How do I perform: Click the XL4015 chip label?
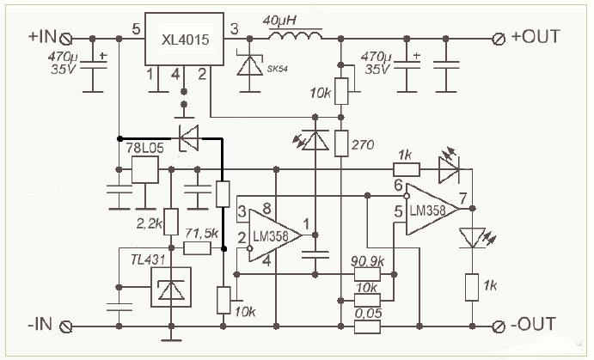click(185, 40)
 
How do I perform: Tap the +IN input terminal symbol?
click(66, 39)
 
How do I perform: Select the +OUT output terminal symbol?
click(499, 39)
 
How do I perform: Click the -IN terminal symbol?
click(66, 326)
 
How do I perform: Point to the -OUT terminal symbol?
click(499, 326)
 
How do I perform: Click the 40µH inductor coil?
click(296, 35)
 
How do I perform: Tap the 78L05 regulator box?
click(144, 169)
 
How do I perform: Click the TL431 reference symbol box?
click(171, 287)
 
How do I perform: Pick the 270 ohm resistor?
click(341, 143)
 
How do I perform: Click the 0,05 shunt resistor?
click(367, 326)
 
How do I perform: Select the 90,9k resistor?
click(367, 274)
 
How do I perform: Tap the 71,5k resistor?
click(197, 248)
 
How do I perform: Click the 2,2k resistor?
click(171, 222)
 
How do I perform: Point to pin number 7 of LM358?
click(463, 198)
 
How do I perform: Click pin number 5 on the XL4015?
click(137, 28)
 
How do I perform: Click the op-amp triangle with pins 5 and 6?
click(432, 209)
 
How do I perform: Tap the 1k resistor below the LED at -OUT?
click(472, 287)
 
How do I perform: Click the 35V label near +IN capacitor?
click(63, 70)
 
